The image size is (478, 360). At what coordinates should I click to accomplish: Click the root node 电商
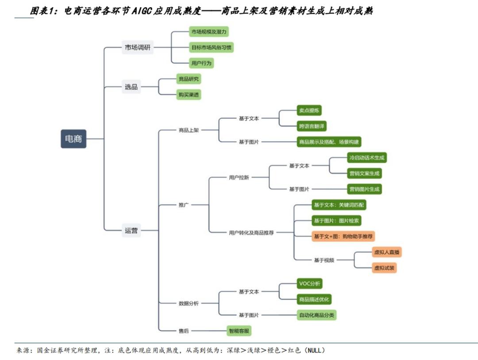73,139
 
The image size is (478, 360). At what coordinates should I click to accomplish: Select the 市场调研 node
138,47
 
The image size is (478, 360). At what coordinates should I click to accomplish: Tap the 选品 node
131,87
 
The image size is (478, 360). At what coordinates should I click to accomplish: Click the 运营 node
131,230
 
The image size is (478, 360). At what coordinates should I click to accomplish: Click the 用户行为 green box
201,63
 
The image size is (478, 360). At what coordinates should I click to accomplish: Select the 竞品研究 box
189,79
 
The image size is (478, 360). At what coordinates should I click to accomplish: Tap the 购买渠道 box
189,94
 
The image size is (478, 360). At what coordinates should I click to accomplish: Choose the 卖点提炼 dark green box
309,111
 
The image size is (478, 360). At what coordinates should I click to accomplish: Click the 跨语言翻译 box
312,126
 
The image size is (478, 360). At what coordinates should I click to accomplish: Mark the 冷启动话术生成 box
367,158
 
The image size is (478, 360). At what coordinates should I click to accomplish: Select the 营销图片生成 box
364,189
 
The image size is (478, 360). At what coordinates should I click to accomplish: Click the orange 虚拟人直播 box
387,252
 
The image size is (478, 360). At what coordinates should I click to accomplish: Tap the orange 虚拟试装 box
384,268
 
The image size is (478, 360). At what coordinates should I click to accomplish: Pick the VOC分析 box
309,284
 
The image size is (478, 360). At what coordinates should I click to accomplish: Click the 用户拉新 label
239,178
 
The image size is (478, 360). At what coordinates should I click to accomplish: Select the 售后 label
184,330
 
